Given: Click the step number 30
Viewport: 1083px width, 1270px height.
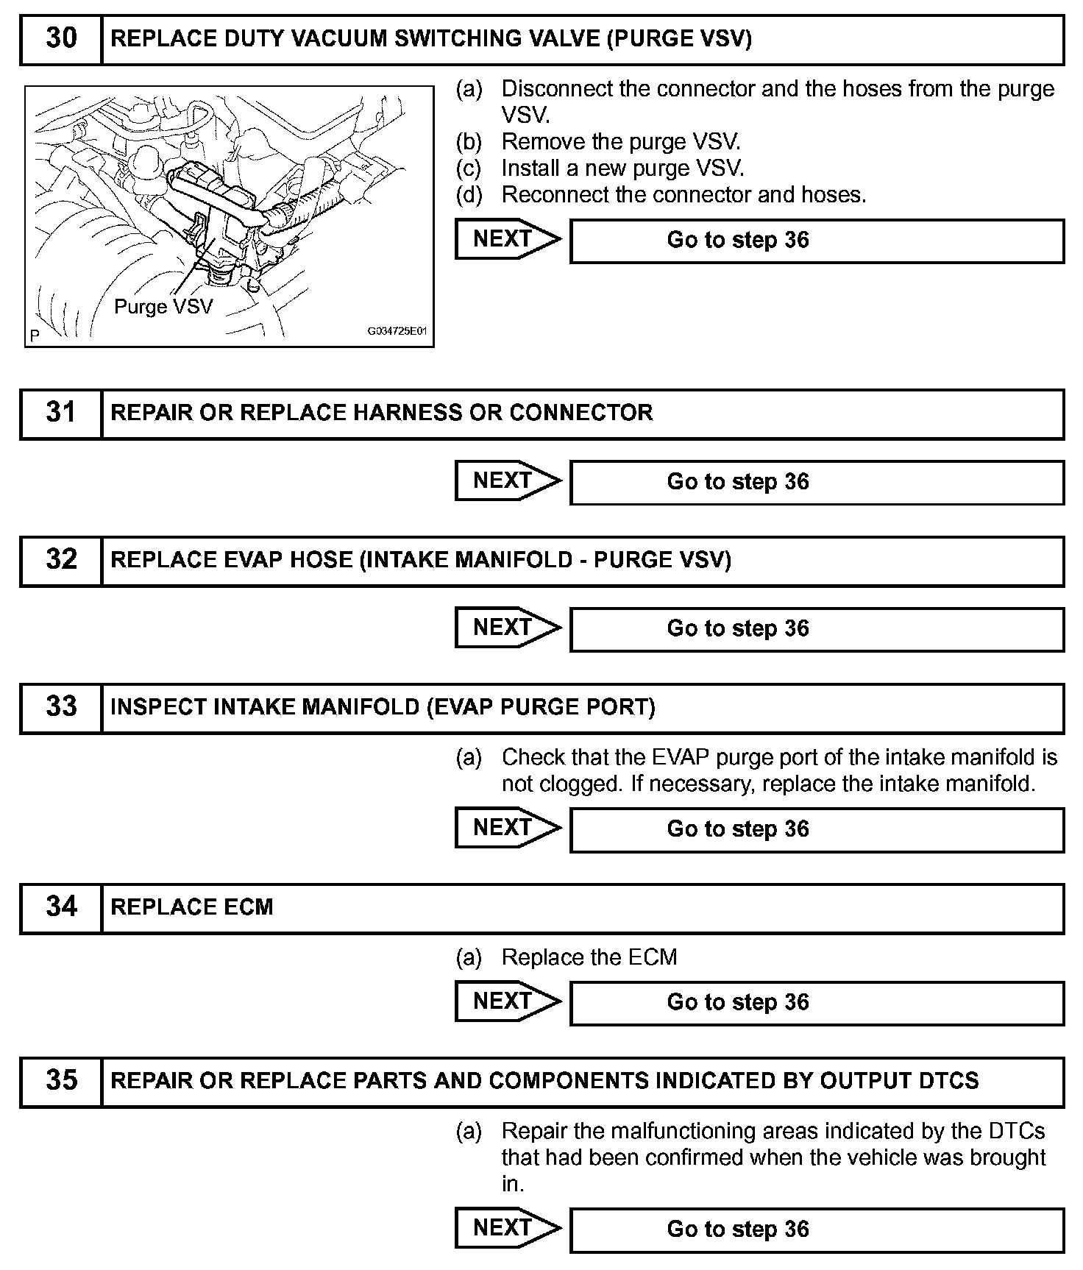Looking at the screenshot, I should click(61, 39).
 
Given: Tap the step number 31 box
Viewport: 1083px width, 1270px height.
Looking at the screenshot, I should click(61, 413).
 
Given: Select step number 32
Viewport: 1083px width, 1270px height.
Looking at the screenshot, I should click(61, 560).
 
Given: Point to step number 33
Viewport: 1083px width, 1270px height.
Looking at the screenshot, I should click(61, 707).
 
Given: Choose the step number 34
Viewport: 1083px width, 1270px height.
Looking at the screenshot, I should click(61, 907).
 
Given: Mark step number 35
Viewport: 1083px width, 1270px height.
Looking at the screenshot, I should click(61, 1081).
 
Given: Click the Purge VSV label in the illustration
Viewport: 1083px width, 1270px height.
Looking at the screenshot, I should click(163, 307).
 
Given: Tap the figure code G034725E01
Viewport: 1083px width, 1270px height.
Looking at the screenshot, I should click(397, 332).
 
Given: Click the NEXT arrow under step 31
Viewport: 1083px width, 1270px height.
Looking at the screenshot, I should click(506, 481).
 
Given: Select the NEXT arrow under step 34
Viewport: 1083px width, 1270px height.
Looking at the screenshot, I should click(506, 1002).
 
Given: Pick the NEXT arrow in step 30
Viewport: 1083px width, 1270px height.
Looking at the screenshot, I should click(506, 240).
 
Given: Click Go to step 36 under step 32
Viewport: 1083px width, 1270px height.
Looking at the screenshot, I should click(738, 629).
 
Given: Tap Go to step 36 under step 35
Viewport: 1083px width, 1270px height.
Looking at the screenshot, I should click(738, 1230).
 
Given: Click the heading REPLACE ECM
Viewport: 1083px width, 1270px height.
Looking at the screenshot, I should click(191, 907).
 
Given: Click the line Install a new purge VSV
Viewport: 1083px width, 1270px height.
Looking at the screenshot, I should click(622, 168).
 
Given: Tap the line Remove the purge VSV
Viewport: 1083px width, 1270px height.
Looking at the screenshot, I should click(621, 142).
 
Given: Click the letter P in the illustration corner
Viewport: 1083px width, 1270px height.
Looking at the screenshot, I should click(34, 337).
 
